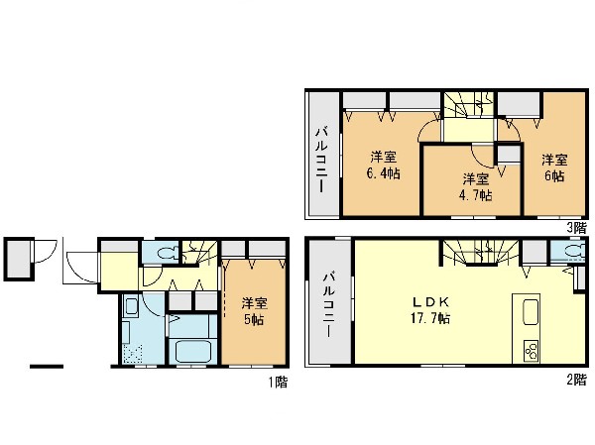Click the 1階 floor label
coord(278,382)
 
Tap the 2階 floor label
coord(576,380)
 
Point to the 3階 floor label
coord(576,228)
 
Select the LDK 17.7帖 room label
coord(431,310)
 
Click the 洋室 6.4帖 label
coord(383,166)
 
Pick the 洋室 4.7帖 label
coord(475,187)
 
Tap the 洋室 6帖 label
coord(554,167)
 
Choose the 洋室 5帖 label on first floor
coord(254,311)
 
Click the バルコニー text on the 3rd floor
coord(321,161)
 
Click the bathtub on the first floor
coord(192,351)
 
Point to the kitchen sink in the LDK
coord(531,312)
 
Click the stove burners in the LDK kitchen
coord(531,351)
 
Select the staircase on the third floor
coord(469,104)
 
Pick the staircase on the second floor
coord(480,252)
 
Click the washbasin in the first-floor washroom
coord(131,306)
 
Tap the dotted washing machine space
coord(133,354)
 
